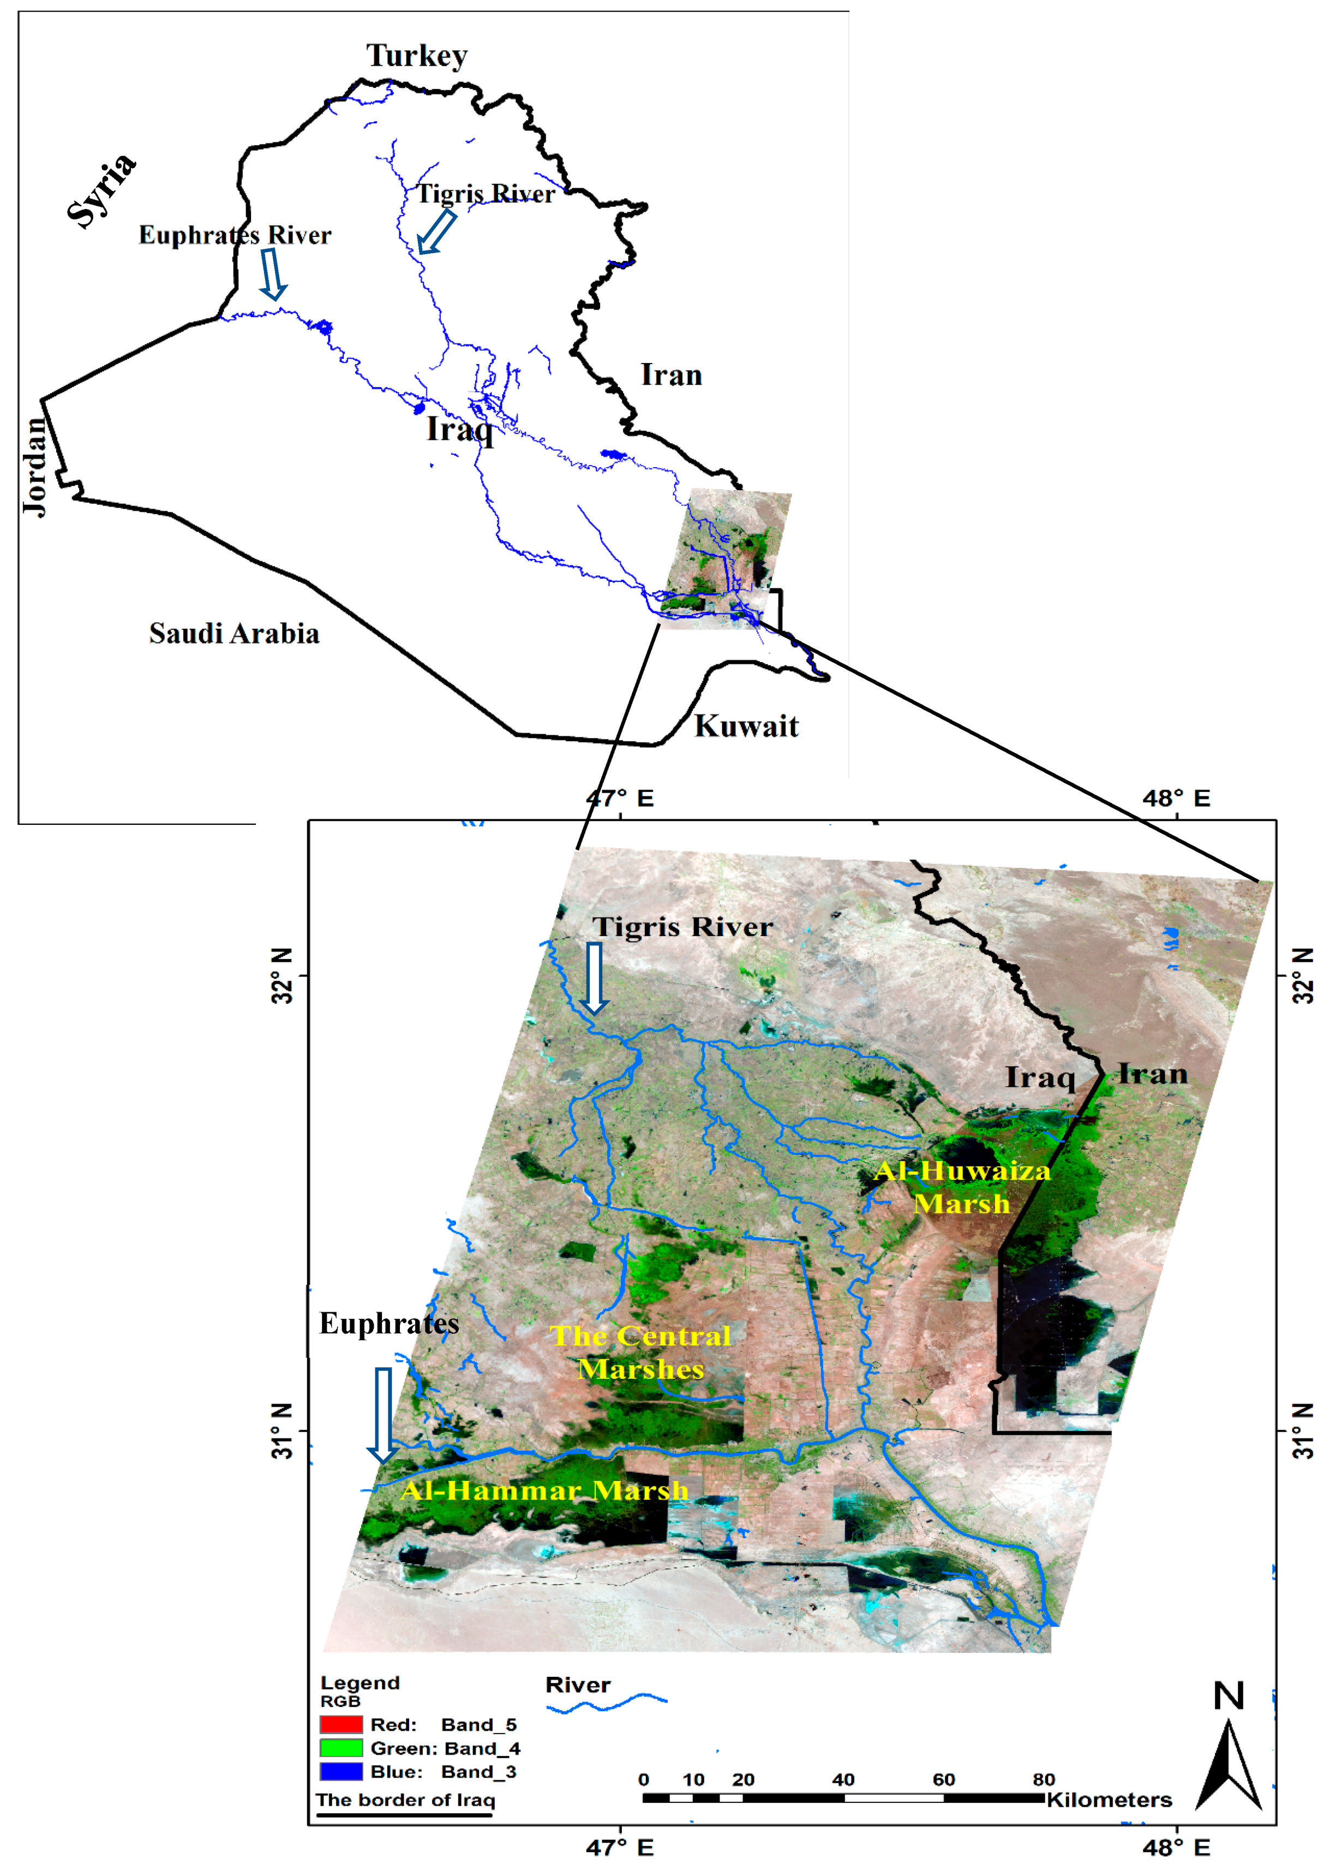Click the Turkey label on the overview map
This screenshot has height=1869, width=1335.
point(417,56)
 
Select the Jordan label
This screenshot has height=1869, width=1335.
point(34,466)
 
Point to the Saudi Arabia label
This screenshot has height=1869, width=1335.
point(234,634)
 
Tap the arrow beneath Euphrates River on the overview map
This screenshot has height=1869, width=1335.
point(272,275)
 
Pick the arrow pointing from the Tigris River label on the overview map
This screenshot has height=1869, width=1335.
point(436,232)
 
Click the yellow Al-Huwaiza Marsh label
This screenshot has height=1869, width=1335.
point(962,1187)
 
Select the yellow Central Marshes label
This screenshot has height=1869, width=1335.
point(640,1353)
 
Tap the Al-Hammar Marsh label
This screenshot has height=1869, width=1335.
point(544,1491)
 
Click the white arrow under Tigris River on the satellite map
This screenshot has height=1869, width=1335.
point(594,979)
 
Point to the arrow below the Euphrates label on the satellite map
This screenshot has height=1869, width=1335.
point(383,1415)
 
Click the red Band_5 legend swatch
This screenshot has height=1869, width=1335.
point(341,1724)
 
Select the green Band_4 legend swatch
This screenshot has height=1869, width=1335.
point(341,1748)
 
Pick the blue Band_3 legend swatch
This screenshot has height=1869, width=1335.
point(341,1772)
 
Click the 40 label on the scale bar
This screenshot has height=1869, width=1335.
point(843,1779)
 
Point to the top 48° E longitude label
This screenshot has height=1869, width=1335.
point(1176,799)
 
